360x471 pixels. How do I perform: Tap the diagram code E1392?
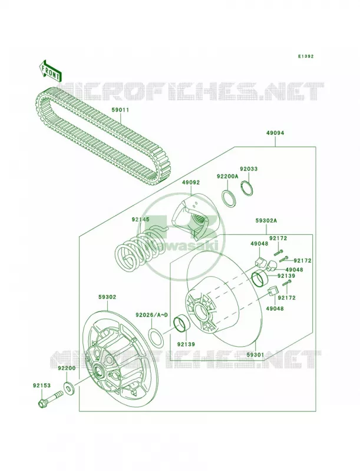click(306, 56)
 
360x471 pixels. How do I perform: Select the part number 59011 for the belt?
click(120, 110)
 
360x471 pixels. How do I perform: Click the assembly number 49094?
click(275, 132)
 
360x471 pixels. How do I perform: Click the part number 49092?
click(190, 183)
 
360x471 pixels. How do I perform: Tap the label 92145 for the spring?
click(140, 220)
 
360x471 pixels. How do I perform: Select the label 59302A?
click(266, 221)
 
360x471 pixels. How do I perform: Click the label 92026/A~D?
click(151, 315)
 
